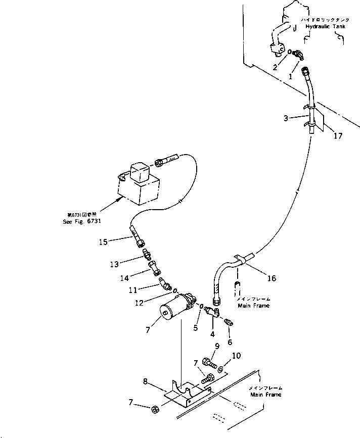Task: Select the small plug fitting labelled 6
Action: pyautogui.click(x=228, y=322)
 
